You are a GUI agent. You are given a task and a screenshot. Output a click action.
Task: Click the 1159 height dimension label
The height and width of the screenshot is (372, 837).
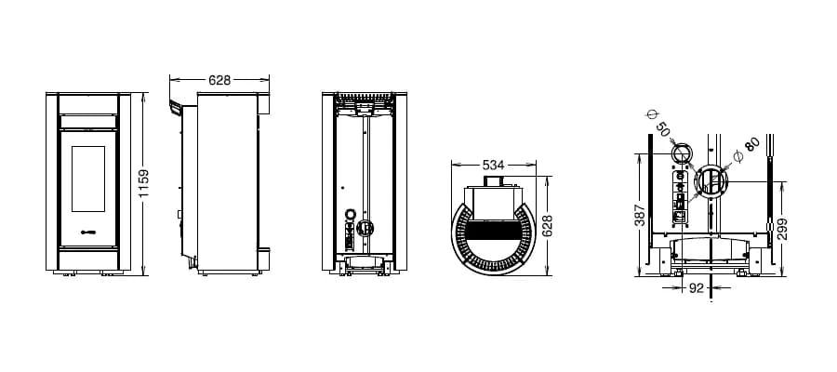tap(143, 183)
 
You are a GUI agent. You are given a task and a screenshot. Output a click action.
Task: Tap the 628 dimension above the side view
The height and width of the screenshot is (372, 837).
tap(219, 80)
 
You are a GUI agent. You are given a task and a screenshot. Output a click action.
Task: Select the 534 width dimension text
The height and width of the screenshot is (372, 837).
tap(493, 165)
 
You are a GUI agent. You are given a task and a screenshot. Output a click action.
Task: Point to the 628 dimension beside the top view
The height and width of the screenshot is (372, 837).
tap(547, 226)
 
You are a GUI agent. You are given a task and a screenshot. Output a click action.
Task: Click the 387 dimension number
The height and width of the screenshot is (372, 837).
tap(641, 215)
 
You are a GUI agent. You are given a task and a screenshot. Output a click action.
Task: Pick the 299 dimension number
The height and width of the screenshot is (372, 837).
tap(782, 229)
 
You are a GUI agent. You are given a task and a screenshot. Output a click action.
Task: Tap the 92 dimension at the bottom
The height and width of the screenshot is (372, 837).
tap(696, 288)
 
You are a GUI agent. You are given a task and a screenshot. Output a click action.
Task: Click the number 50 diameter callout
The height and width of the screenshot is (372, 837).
tap(662, 129)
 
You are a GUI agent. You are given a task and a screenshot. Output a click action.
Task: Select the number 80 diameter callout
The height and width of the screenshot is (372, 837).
tap(751, 144)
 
